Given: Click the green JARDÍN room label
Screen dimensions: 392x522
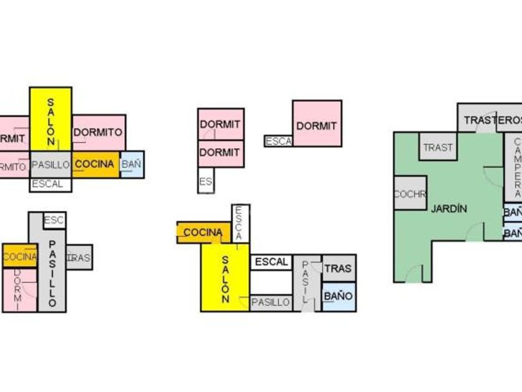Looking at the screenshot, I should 449,209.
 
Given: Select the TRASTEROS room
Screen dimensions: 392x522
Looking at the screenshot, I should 491,119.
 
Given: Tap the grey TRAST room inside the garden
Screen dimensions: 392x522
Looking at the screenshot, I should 438,147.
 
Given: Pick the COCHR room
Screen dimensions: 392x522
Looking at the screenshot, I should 410,194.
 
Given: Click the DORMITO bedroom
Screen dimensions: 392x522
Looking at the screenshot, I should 98,132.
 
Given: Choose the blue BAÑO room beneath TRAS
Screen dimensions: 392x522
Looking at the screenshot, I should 339,296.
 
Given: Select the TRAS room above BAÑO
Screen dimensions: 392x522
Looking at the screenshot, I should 339,269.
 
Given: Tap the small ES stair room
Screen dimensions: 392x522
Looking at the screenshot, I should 206,182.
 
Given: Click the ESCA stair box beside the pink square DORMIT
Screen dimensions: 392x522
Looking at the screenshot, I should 278,141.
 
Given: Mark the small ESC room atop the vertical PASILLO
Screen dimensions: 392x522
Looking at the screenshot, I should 54,220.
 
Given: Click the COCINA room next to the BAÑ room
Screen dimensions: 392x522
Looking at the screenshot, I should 95,164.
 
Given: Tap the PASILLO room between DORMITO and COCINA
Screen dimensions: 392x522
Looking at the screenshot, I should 50,165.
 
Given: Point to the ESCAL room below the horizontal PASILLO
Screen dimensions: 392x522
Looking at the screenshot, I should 48,184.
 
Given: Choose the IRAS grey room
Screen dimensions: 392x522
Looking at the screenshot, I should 80,257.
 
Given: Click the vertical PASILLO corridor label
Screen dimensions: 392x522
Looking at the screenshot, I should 52,274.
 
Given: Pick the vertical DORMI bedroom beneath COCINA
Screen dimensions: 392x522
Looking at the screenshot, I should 19,289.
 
